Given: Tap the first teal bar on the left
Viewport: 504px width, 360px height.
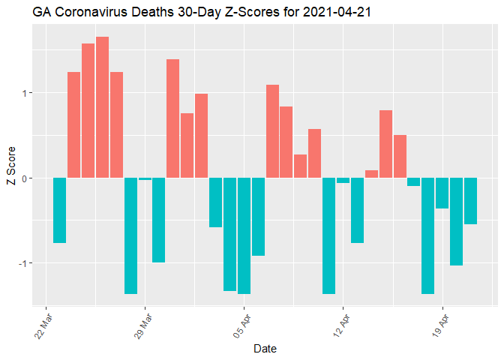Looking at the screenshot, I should coord(60,210).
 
